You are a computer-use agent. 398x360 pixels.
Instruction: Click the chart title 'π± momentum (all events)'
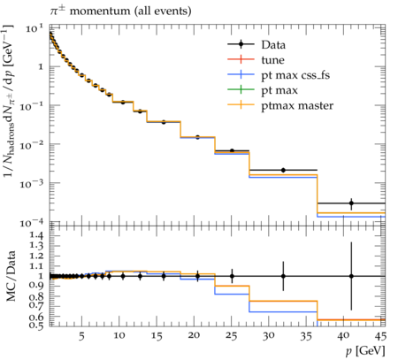(x=120, y=11)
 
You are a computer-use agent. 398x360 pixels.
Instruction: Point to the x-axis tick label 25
(x=232, y=335)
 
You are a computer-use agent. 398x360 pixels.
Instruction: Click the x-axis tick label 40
(x=344, y=335)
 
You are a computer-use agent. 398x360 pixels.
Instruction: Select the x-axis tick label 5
(x=81, y=335)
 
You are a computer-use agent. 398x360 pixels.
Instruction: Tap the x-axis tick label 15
(x=157, y=335)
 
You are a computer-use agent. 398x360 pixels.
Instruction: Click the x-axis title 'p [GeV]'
(x=365, y=351)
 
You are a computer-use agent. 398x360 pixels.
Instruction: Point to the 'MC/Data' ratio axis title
(x=11, y=276)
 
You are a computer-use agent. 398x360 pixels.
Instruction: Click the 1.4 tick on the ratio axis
(x=36, y=235)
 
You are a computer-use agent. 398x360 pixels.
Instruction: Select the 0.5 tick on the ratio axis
(x=36, y=325)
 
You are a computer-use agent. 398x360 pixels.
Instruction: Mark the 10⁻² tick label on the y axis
(x=32, y=145)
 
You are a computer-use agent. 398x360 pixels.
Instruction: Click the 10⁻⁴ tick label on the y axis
(x=32, y=223)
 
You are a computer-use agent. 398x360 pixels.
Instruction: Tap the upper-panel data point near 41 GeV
(x=351, y=203)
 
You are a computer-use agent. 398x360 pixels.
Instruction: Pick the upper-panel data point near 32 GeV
(x=283, y=170)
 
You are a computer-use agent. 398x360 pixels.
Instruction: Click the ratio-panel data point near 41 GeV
(x=351, y=276)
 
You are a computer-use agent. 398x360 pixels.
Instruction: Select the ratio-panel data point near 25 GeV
(x=232, y=276)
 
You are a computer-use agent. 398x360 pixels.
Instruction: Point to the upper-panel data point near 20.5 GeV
(x=197, y=137)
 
